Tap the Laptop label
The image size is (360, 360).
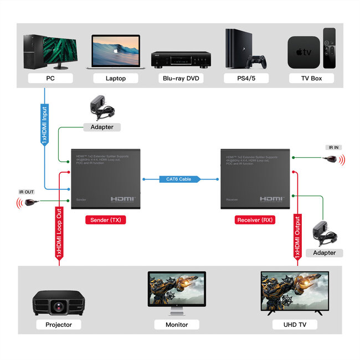pos(115,78)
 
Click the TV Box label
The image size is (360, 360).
pos(311,78)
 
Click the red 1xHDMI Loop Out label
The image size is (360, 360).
pos(58,233)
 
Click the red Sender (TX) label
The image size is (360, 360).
pos(105,220)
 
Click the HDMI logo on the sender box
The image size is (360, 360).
pos(122,198)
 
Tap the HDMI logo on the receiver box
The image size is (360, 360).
pos(272,198)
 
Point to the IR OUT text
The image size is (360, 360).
pos(27,192)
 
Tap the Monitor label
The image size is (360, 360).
pos(177,325)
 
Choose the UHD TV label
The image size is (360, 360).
pos(294,325)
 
